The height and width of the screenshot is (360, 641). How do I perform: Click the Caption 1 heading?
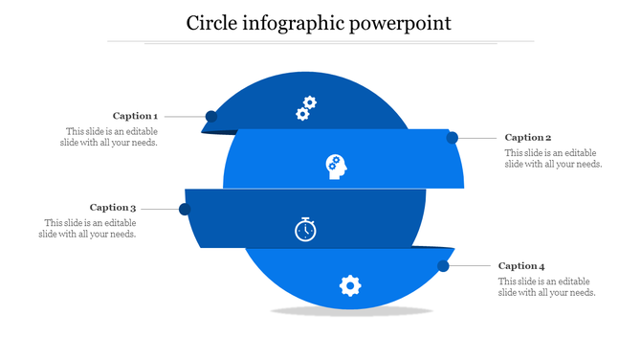(135, 116)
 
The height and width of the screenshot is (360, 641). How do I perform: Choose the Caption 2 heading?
(528, 138)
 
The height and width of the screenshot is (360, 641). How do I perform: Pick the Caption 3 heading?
(113, 207)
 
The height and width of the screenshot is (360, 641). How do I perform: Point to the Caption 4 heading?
(521, 266)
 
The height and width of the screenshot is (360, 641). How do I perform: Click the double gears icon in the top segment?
(306, 108)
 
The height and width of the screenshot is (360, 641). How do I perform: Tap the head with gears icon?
(336, 167)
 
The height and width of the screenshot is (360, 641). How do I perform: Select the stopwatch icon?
(305, 230)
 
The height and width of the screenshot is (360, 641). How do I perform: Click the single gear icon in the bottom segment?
(351, 284)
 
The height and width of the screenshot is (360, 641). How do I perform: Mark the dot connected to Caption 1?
(211, 117)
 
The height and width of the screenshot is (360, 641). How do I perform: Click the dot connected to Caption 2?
(453, 138)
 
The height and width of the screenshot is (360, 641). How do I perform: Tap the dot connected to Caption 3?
(185, 209)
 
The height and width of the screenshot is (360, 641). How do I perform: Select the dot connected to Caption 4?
(444, 265)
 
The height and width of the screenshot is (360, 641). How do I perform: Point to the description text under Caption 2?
(553, 158)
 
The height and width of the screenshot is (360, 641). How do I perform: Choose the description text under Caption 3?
(89, 228)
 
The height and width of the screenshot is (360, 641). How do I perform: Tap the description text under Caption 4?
(546, 286)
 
